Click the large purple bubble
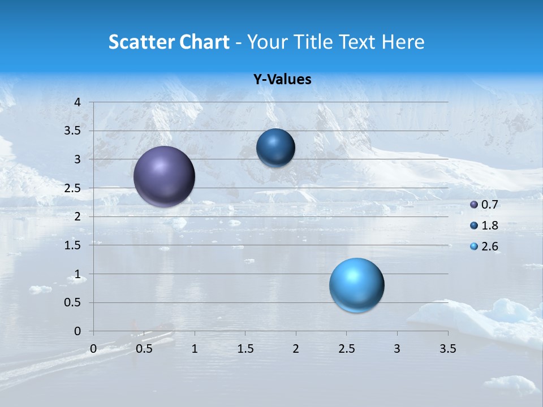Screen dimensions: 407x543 tap(165, 176)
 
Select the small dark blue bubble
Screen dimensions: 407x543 tap(275, 148)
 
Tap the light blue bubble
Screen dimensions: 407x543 tap(356, 285)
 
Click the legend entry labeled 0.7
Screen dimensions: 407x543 tap(484, 205)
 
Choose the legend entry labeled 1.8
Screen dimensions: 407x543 tap(484, 226)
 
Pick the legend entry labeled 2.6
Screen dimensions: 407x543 tap(484, 246)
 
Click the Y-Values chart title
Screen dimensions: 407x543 tap(282, 80)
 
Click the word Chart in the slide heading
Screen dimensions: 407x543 tap(204, 42)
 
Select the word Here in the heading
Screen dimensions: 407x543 tap(402, 42)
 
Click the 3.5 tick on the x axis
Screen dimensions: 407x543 tap(447, 349)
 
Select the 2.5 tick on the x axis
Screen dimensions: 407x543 tap(346, 349)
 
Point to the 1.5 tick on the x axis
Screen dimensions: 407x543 tap(245, 349)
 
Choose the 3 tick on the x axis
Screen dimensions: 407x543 tap(397, 349)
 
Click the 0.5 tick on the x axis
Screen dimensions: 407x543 tap(144, 349)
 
